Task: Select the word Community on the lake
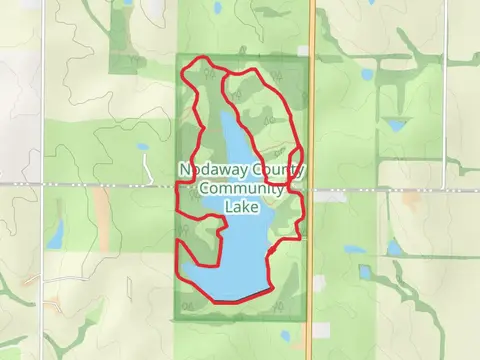(x=240, y=189)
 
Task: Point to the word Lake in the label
(x=241, y=207)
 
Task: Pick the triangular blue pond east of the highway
(x=398, y=125)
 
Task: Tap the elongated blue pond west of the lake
(x=55, y=233)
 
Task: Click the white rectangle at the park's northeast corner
(x=303, y=50)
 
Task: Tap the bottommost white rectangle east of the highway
(x=321, y=329)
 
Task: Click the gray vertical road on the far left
(x=43, y=250)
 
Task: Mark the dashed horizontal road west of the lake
(x=90, y=186)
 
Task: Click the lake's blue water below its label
(x=240, y=250)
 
